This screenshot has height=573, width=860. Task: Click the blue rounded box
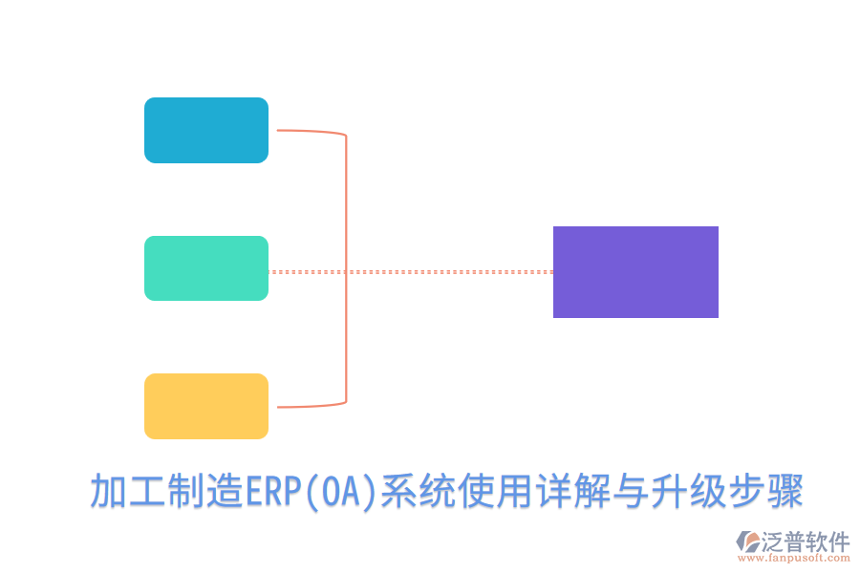click(206, 130)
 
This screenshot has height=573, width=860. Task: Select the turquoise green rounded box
click(206, 268)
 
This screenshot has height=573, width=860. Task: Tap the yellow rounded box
click(206, 406)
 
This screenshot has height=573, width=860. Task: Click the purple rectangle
click(635, 272)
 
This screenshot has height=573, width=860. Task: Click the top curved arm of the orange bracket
click(311, 132)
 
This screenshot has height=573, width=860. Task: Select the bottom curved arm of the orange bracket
click(311, 406)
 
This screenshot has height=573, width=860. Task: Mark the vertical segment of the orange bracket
click(346, 268)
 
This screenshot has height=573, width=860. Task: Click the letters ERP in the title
click(273, 493)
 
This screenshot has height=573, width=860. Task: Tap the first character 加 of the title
click(107, 493)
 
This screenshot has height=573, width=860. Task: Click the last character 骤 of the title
click(785, 493)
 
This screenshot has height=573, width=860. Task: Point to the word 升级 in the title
click(689, 493)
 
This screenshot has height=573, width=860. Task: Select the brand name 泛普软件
click(806, 541)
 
